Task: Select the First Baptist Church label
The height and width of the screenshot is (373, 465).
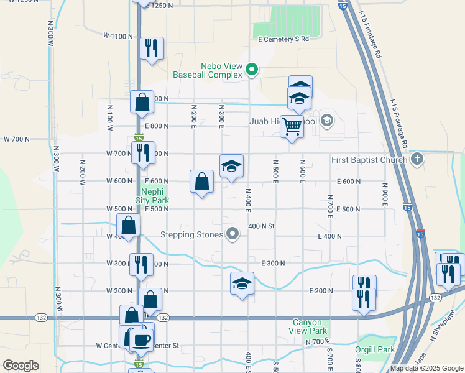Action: pyautogui.click(x=369, y=160)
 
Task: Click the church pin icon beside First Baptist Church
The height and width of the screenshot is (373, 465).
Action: pyautogui.click(x=418, y=159)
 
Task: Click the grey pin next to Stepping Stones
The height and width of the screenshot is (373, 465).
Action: pyautogui.click(x=233, y=234)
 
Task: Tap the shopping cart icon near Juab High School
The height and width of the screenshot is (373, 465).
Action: pyautogui.click(x=292, y=126)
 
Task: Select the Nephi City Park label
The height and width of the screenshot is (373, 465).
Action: pyautogui.click(x=152, y=196)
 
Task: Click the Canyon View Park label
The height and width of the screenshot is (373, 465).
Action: pyautogui.click(x=308, y=326)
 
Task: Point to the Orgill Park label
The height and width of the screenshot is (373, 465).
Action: pyautogui.click(x=376, y=349)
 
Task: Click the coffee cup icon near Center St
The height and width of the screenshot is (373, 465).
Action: pyautogui.click(x=141, y=339)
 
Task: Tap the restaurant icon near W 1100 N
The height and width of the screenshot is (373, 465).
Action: pyautogui.click(x=152, y=48)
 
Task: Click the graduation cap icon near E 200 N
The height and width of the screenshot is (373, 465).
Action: pyautogui.click(x=242, y=283)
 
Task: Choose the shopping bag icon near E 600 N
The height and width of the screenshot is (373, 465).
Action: pyautogui.click(x=202, y=182)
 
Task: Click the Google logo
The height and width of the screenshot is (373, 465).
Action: pyautogui.click(x=21, y=366)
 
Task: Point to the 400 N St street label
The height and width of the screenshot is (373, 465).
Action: pyautogui.click(x=261, y=226)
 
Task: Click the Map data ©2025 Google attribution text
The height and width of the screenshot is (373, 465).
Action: pyautogui.click(x=426, y=368)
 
